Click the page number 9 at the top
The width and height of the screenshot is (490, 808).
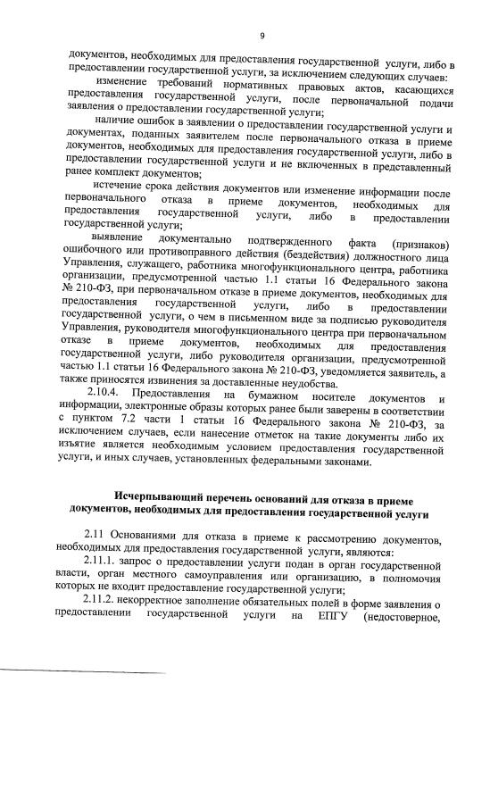(262, 36)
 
